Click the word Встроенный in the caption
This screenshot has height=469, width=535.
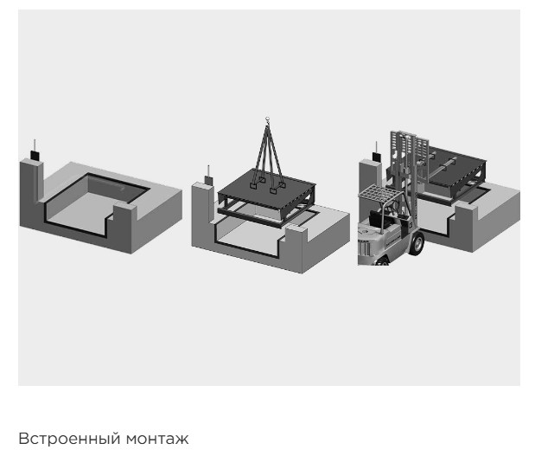[69, 439]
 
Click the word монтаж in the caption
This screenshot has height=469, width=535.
[157, 439]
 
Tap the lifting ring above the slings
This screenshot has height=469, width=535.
[267, 119]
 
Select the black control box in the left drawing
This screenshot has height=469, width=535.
[35, 156]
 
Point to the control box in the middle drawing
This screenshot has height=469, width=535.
[208, 180]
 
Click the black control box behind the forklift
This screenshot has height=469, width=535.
[377, 157]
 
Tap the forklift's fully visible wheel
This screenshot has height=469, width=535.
[416, 243]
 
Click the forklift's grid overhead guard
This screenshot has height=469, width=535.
[379, 193]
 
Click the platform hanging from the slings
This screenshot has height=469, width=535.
[266, 196]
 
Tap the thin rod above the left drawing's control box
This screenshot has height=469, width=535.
[35, 145]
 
